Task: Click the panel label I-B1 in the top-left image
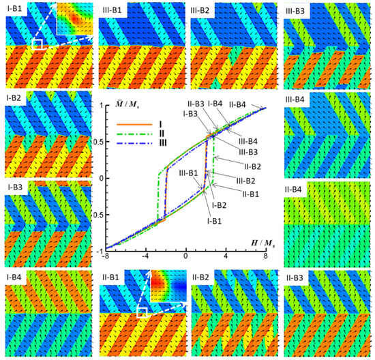pyautogui.click(x=16, y=8)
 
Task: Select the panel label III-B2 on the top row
pyautogui.click(x=204, y=8)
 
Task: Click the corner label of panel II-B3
pyautogui.click(x=297, y=277)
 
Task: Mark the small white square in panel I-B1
pyautogui.click(x=37, y=44)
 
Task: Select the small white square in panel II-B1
pyautogui.click(x=142, y=312)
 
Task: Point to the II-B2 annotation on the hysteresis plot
pyautogui.click(x=252, y=166)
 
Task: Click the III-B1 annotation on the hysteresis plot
pyautogui.click(x=189, y=174)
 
